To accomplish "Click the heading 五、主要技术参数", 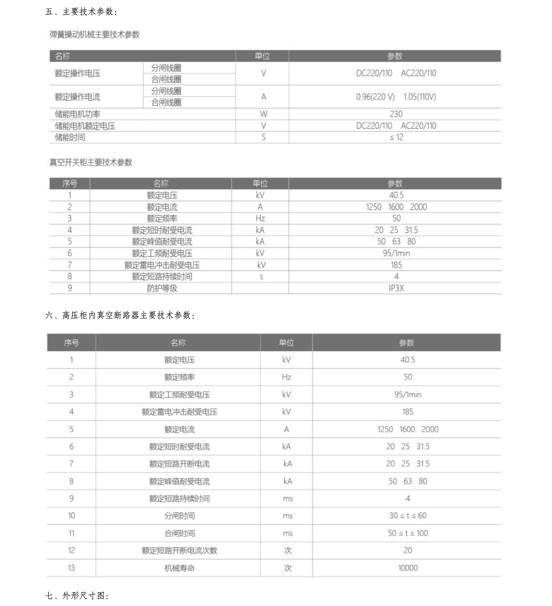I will [x=81, y=12].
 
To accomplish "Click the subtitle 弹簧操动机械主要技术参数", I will [x=94, y=35].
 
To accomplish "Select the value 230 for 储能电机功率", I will [x=396, y=114].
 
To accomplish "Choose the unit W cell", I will [x=263, y=114].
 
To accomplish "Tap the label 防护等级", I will [x=162, y=288].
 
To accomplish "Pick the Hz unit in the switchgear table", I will [x=260, y=218].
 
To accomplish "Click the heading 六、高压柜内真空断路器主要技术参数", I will [x=120, y=315].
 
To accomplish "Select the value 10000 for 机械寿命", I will [x=408, y=568].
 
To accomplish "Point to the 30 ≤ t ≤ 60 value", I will [x=408, y=516].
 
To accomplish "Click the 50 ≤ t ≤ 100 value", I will [x=408, y=533].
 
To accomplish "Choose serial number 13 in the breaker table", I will [x=71, y=568].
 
